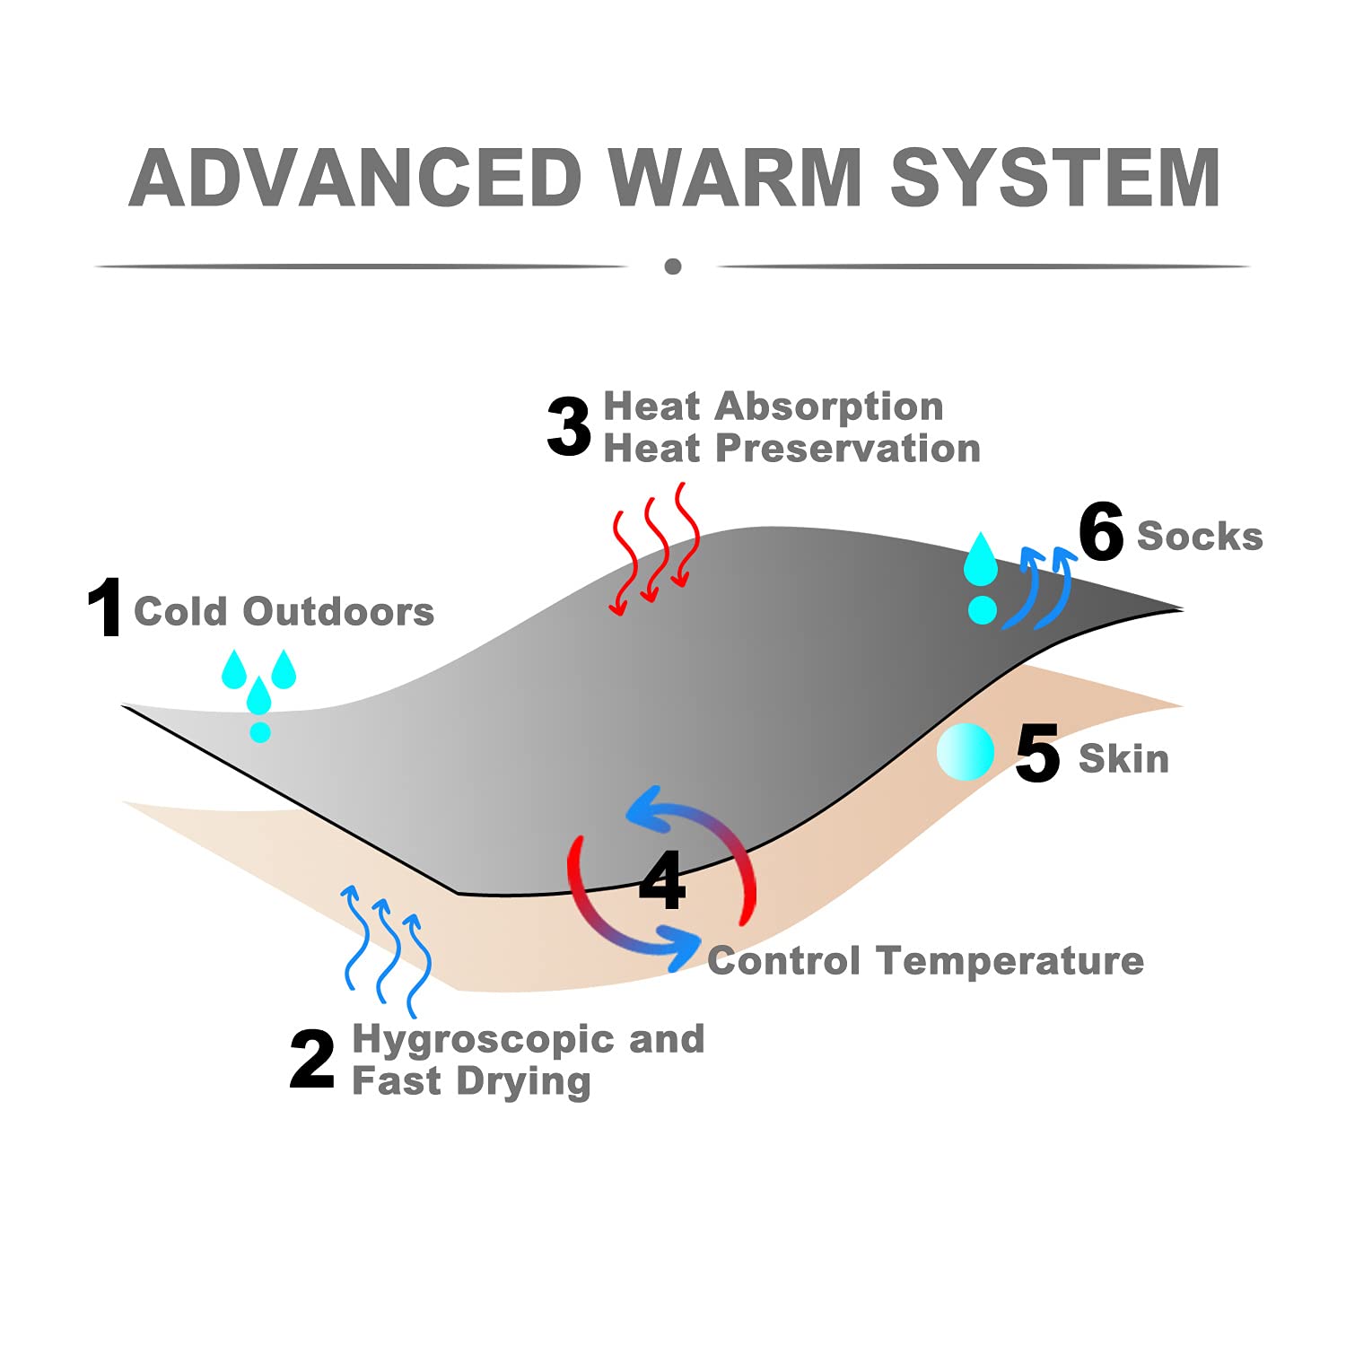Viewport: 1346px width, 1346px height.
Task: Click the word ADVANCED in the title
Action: pyautogui.click(x=355, y=178)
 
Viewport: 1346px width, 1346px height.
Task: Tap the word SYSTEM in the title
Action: pyautogui.click(x=1055, y=178)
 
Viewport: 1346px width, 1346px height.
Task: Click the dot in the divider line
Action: pyautogui.click(x=673, y=267)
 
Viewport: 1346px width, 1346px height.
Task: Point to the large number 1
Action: pyautogui.click(x=106, y=608)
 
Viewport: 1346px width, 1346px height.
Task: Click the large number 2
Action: pyautogui.click(x=312, y=1060)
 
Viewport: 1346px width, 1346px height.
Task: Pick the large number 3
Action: pyautogui.click(x=569, y=427)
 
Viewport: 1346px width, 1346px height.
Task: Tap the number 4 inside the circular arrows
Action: pyautogui.click(x=662, y=879)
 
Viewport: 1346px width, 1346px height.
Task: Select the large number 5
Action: pyautogui.click(x=1037, y=754)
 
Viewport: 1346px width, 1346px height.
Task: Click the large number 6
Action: pyautogui.click(x=1101, y=532)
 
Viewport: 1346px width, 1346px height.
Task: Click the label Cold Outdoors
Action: pyautogui.click(x=284, y=612)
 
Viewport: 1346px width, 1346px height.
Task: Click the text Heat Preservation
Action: pyautogui.click(x=791, y=449)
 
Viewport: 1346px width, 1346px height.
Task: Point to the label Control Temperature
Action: pyautogui.click(x=925, y=962)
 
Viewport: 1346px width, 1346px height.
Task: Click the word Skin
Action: pyautogui.click(x=1123, y=759)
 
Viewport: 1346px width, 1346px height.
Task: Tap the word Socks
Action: pyautogui.click(x=1200, y=537)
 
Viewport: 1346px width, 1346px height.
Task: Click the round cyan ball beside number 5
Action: pyautogui.click(x=966, y=752)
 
